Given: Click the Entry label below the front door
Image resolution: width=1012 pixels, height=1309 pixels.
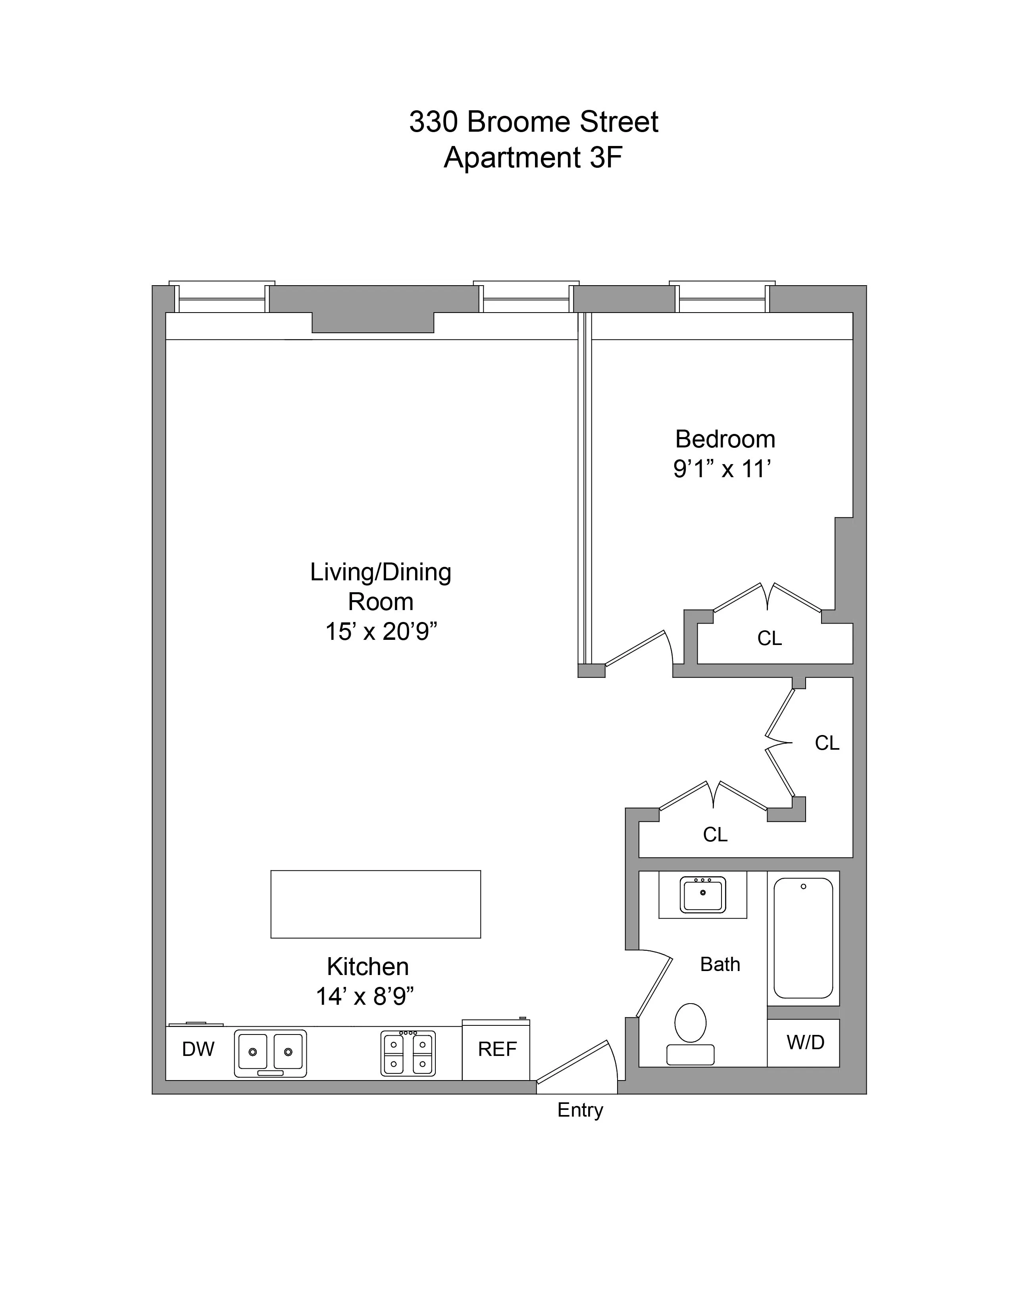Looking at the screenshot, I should (x=580, y=1110).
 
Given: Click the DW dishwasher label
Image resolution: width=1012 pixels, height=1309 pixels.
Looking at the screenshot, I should (x=198, y=1049).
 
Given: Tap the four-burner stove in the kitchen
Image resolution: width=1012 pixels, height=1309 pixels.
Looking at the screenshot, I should (x=408, y=1053).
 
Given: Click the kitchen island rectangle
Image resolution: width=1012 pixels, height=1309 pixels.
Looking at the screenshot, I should (x=375, y=904).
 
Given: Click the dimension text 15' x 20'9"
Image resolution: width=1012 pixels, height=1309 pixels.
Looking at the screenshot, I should (x=381, y=632).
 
